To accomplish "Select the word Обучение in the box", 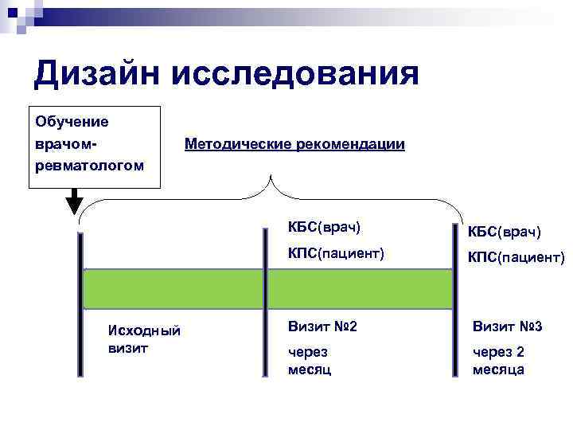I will coord(72,122).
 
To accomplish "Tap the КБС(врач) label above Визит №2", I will coord(324,228).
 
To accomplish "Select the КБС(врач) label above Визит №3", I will coord(507,232).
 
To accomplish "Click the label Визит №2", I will coord(322,326).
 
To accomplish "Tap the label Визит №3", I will coord(507,326).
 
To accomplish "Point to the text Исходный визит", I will coord(143,338).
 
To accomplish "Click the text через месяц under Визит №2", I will coord(310,361).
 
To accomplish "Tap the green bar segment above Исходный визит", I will coord(173,289).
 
